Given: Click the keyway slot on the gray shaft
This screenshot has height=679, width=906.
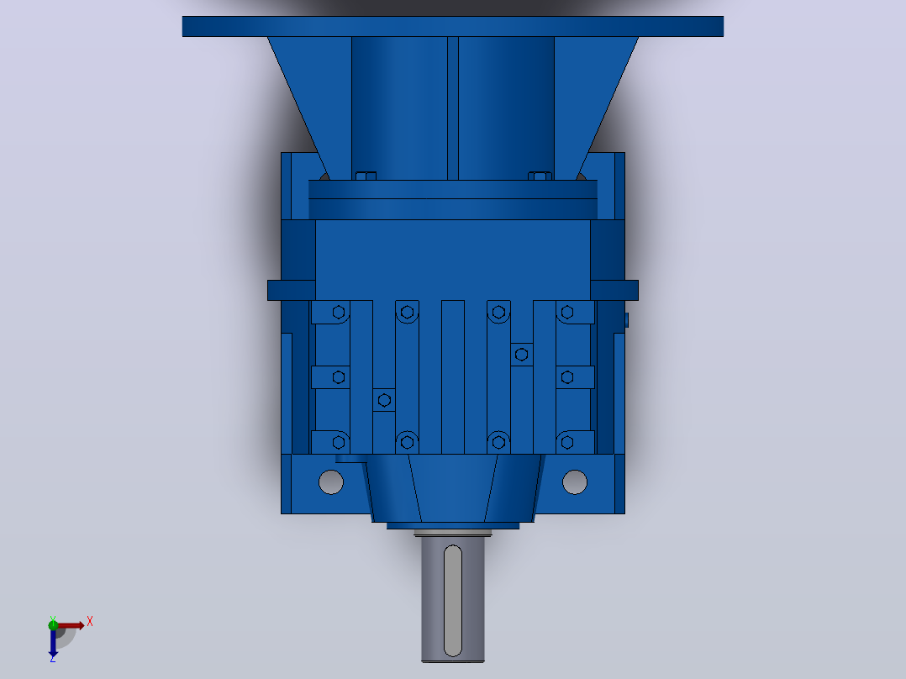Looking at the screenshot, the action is (x=452, y=601).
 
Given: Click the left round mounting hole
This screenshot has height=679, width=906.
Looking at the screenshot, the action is (x=331, y=482).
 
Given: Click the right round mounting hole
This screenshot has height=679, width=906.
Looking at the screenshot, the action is (x=575, y=482).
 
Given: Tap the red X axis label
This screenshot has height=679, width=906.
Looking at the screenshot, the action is (x=90, y=622).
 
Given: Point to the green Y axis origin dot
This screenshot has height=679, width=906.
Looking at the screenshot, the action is (x=53, y=624).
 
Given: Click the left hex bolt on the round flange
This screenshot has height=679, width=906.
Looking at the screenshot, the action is (x=366, y=176).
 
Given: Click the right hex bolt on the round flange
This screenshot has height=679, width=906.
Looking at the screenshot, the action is (x=540, y=176).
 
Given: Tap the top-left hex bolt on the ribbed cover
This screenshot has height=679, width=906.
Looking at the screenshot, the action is (x=339, y=313).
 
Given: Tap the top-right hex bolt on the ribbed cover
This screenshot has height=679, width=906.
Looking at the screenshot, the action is (x=567, y=313).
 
